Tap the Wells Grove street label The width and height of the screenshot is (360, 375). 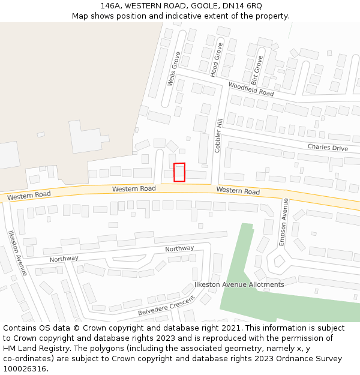pyautogui.click(x=173, y=69)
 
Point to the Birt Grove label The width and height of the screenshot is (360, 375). pyautogui.click(x=257, y=70)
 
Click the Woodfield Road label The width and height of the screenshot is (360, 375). pyautogui.click(x=251, y=89)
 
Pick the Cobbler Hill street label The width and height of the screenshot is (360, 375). pyautogui.click(x=219, y=135)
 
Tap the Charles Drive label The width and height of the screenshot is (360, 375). pyautogui.click(x=328, y=148)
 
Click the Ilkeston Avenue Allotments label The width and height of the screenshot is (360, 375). pyautogui.click(x=239, y=284)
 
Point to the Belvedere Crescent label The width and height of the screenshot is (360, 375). pyautogui.click(x=166, y=306)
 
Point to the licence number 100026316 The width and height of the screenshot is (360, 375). pyautogui.click(x=25, y=369)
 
